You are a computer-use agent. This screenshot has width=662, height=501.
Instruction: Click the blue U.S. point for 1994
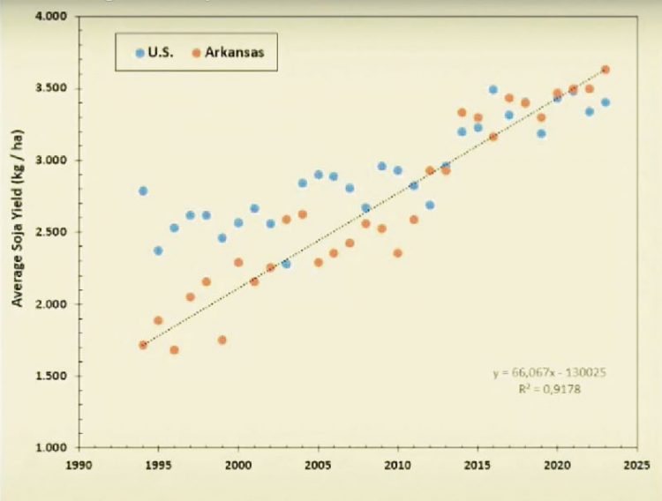(143, 191)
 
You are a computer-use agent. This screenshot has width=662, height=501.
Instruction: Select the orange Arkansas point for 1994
(143, 345)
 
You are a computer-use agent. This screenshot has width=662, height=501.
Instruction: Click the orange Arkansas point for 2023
(606, 70)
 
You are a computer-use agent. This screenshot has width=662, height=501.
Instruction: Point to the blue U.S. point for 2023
(606, 102)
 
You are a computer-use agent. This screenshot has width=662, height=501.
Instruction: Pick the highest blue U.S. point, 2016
(493, 90)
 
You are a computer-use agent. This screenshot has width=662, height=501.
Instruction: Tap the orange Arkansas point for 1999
(222, 340)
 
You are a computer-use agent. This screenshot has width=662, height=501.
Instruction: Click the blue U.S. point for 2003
(286, 264)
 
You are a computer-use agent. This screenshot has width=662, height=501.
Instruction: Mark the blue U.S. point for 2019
(541, 134)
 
